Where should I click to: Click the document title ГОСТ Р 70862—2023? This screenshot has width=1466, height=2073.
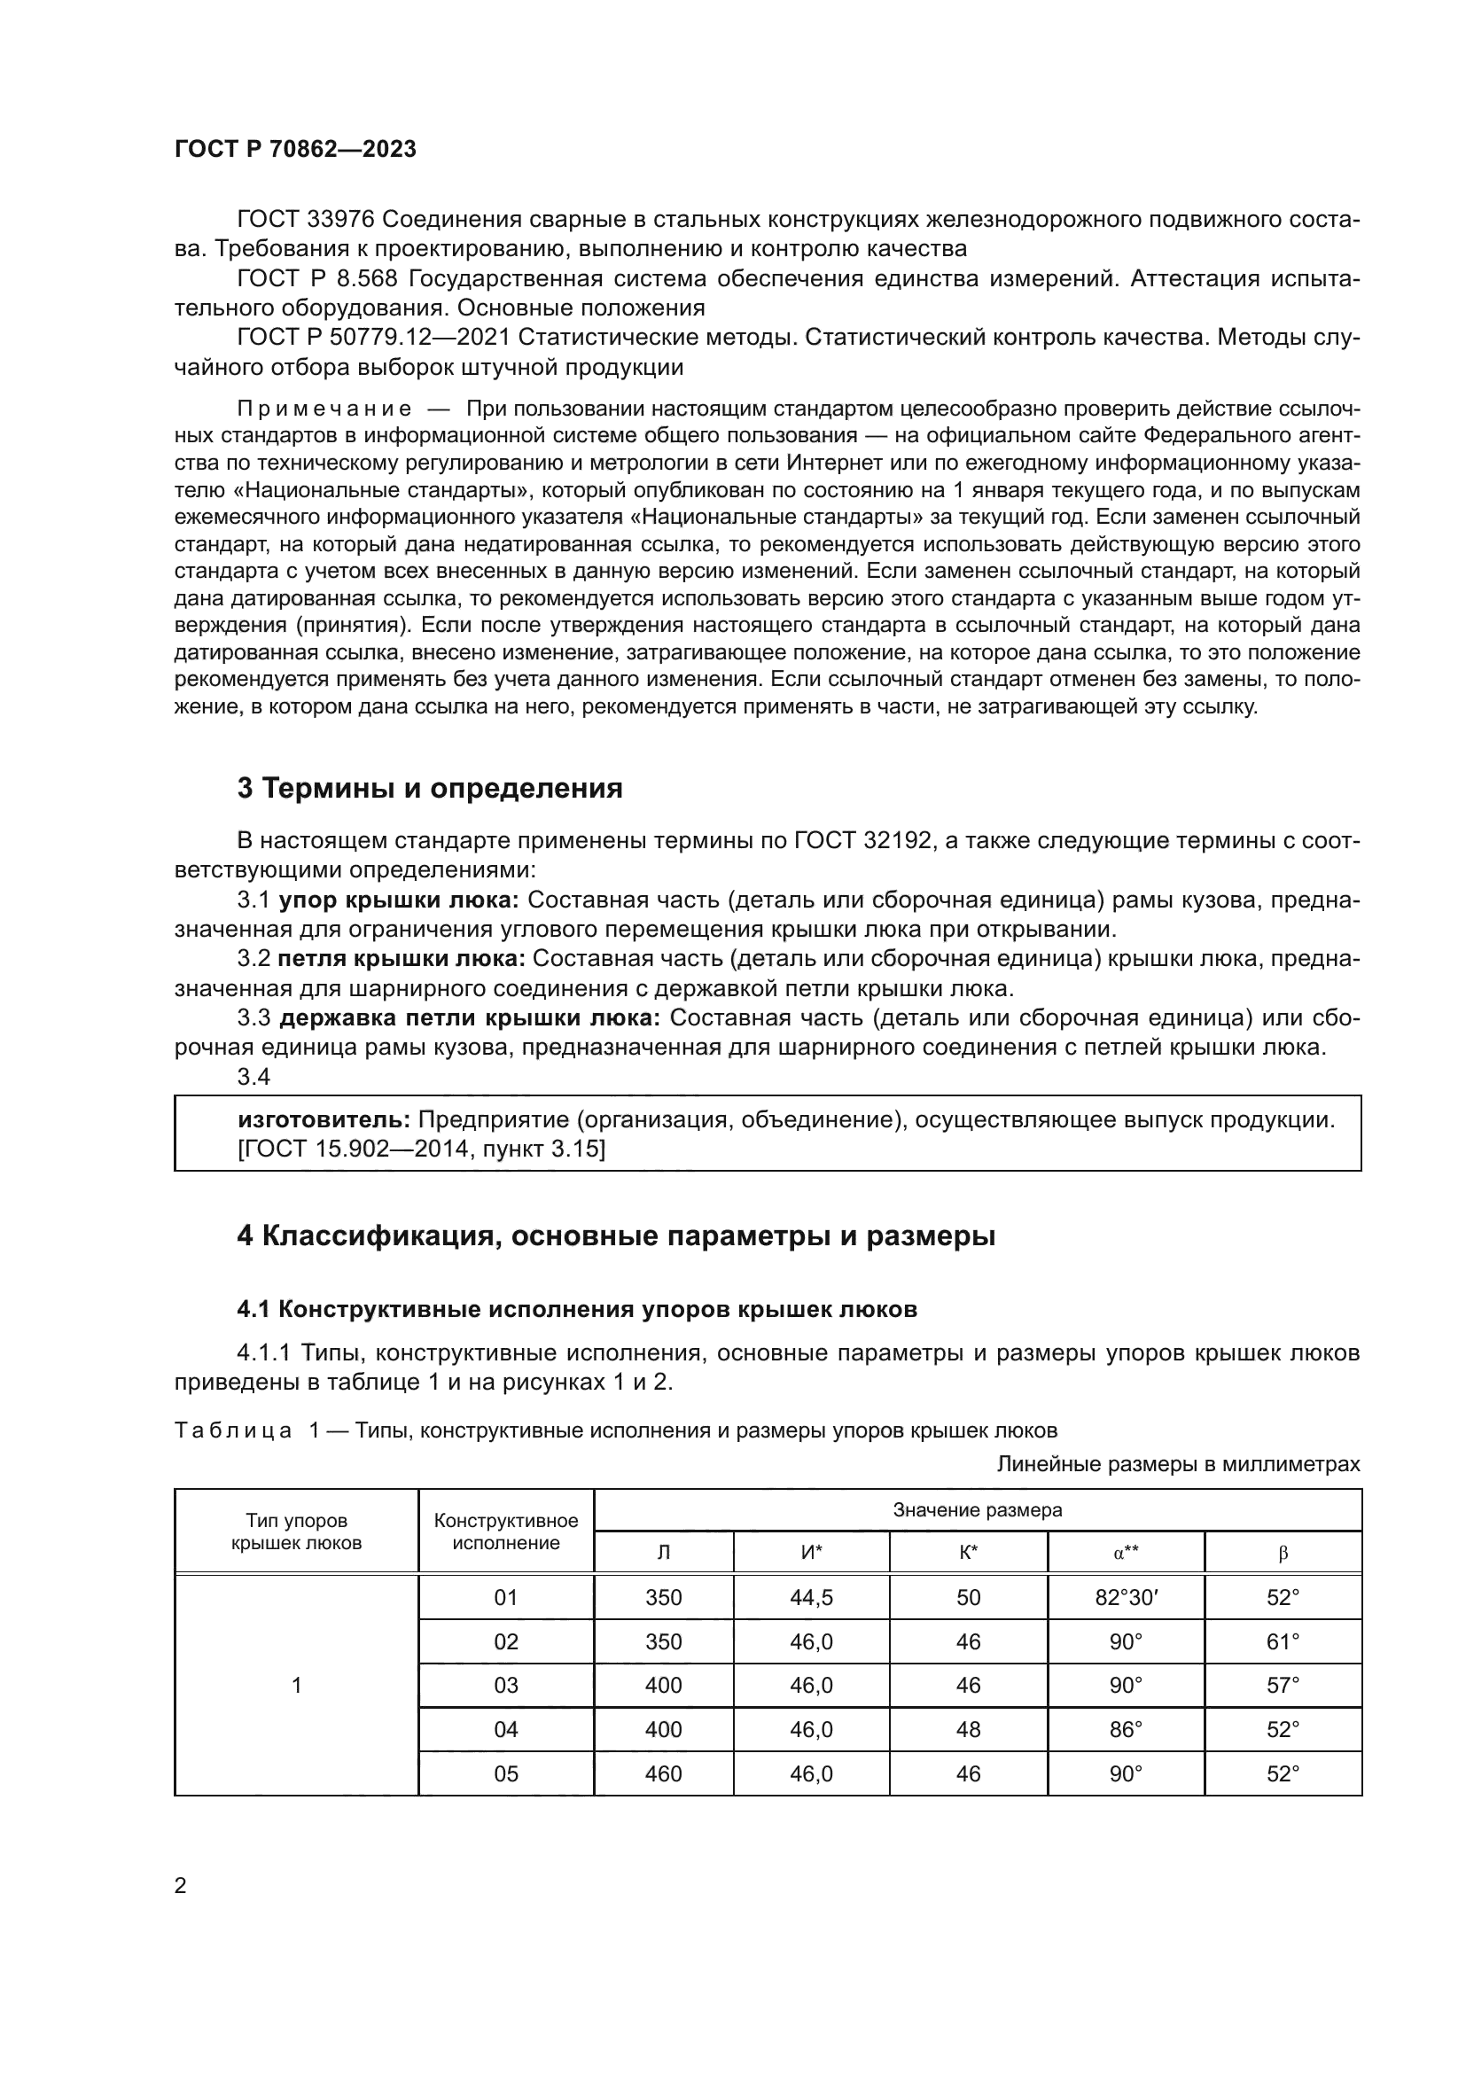295,150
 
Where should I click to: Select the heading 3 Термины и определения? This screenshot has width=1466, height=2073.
430,788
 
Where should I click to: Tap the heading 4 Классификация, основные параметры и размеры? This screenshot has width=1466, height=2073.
616,1236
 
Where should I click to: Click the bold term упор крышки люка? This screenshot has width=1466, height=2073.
398,900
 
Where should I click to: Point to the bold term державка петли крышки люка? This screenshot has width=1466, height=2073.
470,1017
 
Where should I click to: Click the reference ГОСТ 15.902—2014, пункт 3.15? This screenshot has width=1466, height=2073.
421,1150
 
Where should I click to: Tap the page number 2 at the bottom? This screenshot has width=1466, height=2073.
181,1885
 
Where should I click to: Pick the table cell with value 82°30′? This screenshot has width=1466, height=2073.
1126,1597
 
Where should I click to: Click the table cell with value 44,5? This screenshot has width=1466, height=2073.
811,1597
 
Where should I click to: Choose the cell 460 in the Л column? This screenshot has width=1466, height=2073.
664,1774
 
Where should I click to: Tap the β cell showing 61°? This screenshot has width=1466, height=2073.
1283,1641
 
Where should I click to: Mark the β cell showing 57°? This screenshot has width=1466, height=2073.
1283,1686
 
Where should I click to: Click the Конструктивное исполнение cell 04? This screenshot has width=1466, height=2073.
505,1730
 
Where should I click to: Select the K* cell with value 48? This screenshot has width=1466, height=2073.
968,1730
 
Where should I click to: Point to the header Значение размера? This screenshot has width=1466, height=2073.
977,1510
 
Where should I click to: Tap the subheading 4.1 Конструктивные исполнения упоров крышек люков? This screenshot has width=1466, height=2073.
577,1309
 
